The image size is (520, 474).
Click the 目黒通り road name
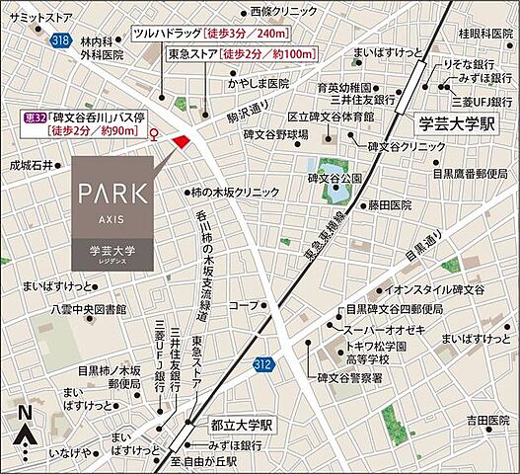[x=422, y=247]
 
